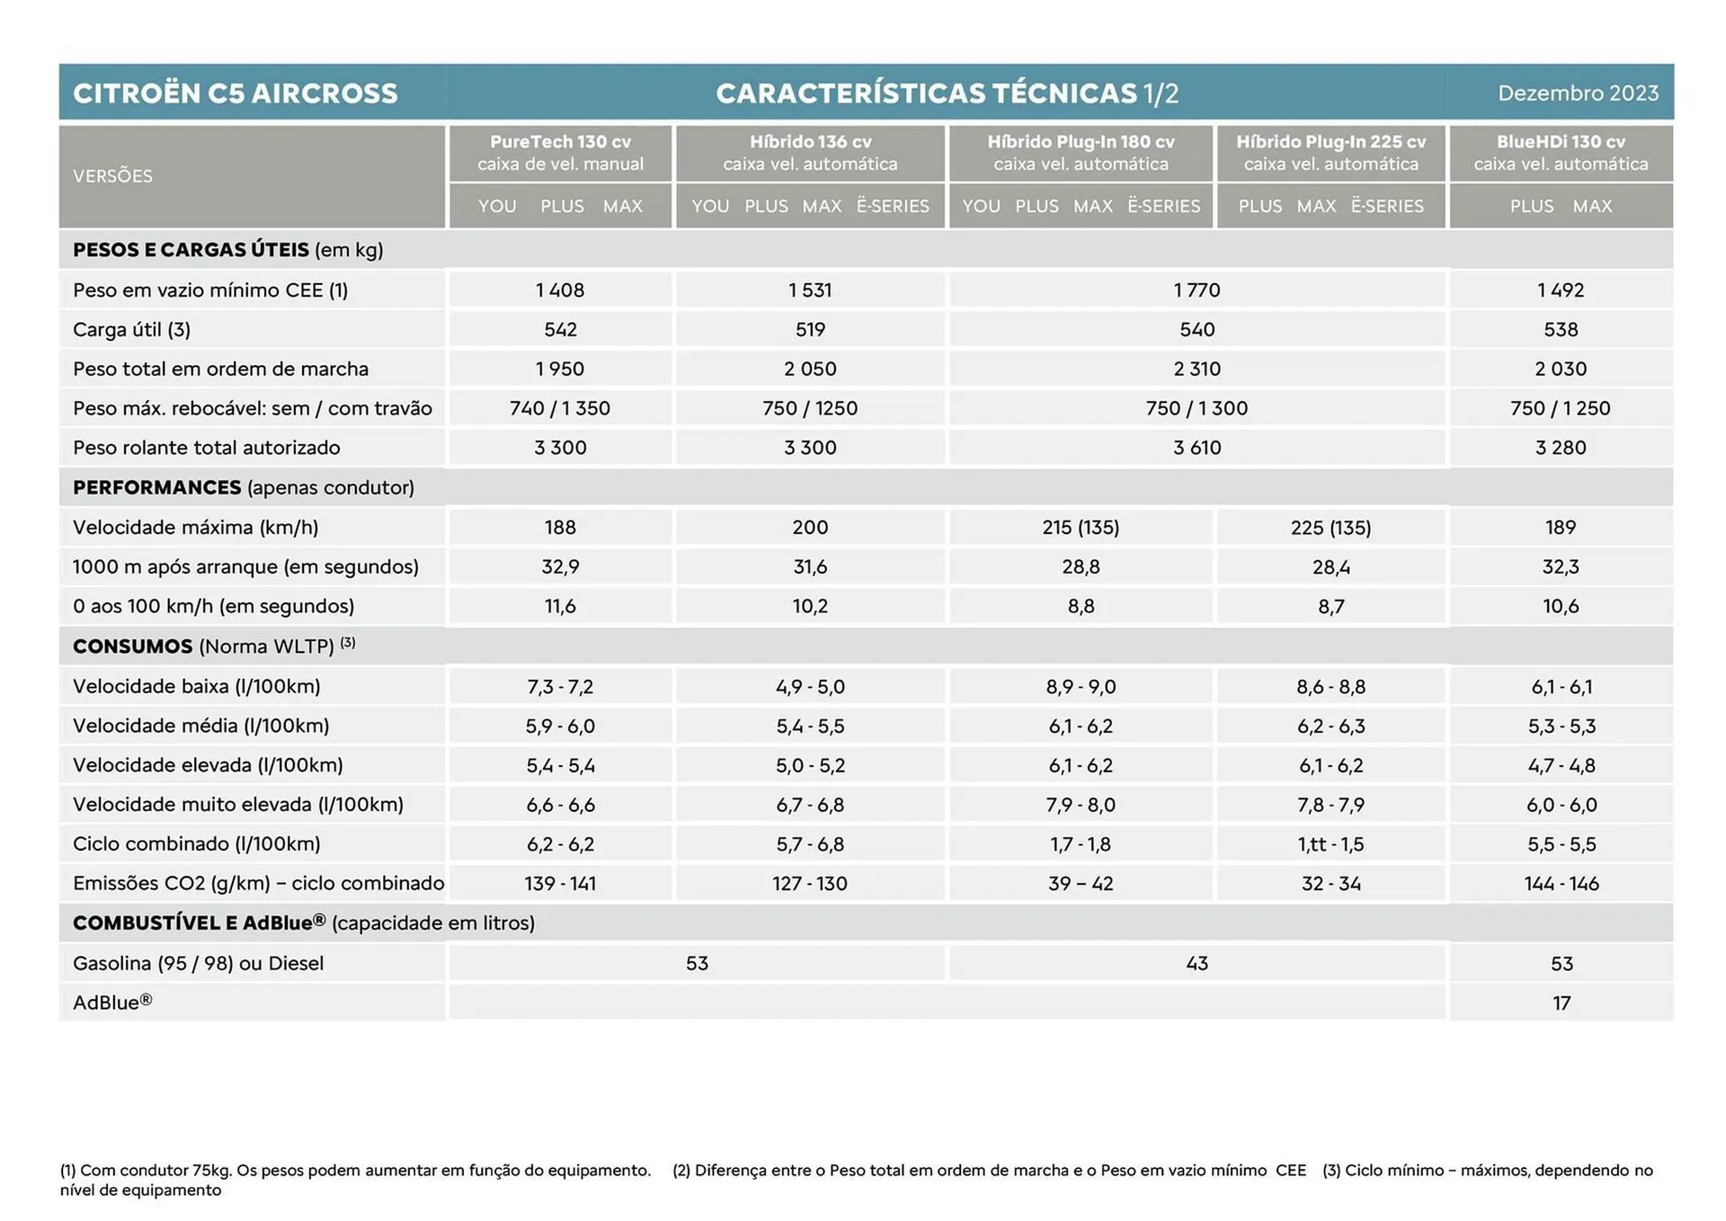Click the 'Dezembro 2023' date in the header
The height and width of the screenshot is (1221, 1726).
pyautogui.click(x=1578, y=93)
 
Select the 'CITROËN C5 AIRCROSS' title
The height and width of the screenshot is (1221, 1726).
pyautogui.click(x=236, y=94)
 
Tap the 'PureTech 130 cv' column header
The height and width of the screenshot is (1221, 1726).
pyautogui.click(x=560, y=142)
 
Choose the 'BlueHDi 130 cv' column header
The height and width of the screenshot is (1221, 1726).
pyautogui.click(x=1561, y=142)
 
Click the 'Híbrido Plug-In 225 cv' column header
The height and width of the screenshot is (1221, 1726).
pyautogui.click(x=1330, y=142)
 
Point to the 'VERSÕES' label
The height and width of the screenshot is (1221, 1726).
pyautogui.click(x=112, y=176)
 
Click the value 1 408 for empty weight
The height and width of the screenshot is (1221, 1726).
pyautogui.click(x=560, y=290)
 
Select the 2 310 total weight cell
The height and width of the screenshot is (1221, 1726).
pyautogui.click(x=1197, y=369)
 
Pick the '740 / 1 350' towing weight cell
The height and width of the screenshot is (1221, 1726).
pyautogui.click(x=560, y=408)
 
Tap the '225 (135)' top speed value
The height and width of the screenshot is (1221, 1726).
pyautogui.click(x=1330, y=528)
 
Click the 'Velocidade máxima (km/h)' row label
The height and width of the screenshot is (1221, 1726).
pyautogui.click(x=195, y=528)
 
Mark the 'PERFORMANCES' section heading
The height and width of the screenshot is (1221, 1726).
pyautogui.click(x=157, y=487)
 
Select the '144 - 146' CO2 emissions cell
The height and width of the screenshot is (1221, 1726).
pyautogui.click(x=1561, y=884)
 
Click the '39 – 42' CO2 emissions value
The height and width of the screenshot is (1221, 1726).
pyautogui.click(x=1081, y=884)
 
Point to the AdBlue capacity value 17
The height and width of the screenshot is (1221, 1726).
pyautogui.click(x=1561, y=1003)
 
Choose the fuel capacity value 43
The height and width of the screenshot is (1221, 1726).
pyautogui.click(x=1197, y=963)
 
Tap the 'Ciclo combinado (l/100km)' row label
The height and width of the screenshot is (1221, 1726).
pyautogui.click(x=196, y=844)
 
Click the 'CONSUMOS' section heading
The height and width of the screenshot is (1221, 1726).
pyautogui.click(x=133, y=646)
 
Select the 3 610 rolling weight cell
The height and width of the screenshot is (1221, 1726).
pyautogui.click(x=1197, y=448)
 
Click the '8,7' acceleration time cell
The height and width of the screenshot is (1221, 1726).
pyautogui.click(x=1330, y=607)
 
